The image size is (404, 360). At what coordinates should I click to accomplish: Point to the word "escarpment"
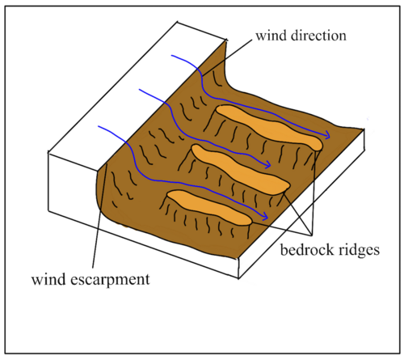(x=110, y=280)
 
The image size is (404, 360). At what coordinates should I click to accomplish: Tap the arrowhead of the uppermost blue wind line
(x=327, y=134)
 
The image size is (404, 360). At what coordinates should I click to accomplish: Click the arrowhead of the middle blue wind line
(x=268, y=164)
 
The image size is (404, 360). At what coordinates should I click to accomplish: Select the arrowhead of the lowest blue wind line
(x=265, y=216)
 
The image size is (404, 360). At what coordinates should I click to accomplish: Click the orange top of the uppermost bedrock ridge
(x=269, y=126)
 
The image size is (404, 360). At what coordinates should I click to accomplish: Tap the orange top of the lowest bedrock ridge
(x=208, y=207)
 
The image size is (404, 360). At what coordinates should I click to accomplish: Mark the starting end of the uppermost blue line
(x=172, y=56)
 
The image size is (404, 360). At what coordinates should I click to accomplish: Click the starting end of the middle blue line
(x=140, y=90)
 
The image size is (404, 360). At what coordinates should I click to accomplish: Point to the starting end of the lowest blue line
(x=99, y=126)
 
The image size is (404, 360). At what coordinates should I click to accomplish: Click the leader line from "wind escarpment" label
(x=100, y=216)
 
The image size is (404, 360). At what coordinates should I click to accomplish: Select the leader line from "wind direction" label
(x=227, y=57)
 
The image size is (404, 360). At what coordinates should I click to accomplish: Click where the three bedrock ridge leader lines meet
(x=312, y=235)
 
